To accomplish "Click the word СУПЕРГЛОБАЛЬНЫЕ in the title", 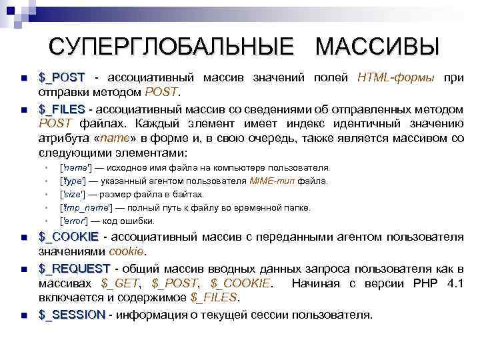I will click(x=171, y=47).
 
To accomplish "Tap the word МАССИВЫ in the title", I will click(x=377, y=47).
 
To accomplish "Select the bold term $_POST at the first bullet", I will click(x=63, y=77).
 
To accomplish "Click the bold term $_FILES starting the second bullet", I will click(x=62, y=109).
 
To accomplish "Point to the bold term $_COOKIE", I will click(x=69, y=237).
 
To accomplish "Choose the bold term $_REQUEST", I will click(x=74, y=269).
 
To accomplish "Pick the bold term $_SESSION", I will click(x=72, y=314).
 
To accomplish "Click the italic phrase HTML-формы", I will click(x=396, y=77).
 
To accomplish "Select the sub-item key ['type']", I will click(x=73, y=181).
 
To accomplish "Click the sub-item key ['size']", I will click(x=73, y=194).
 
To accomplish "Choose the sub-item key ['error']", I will click(x=75, y=221).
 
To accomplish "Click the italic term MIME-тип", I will click(x=273, y=181).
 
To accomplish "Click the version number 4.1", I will click(x=455, y=283).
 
